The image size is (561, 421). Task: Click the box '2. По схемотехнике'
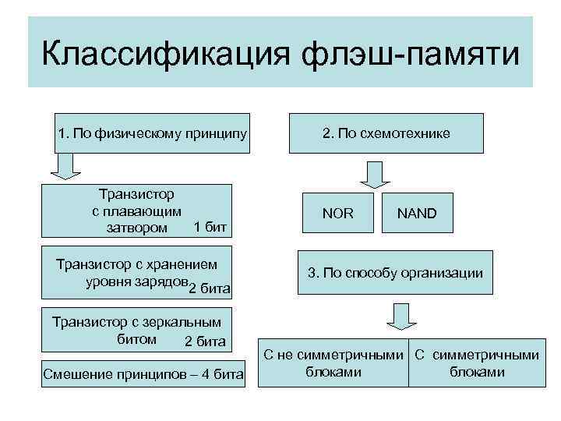386,133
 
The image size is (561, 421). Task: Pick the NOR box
337,212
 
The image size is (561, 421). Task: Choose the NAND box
417,212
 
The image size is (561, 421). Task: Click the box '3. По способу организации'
395,273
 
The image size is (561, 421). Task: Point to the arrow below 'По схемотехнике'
375,172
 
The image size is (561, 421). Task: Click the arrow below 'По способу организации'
400,316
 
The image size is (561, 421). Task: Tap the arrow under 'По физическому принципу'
67,167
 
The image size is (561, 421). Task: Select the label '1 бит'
210,228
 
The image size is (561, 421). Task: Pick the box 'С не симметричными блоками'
333,363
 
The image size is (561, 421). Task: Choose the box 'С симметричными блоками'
475,363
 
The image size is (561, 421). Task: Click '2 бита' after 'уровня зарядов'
210,290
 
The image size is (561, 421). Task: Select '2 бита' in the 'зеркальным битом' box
205,341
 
